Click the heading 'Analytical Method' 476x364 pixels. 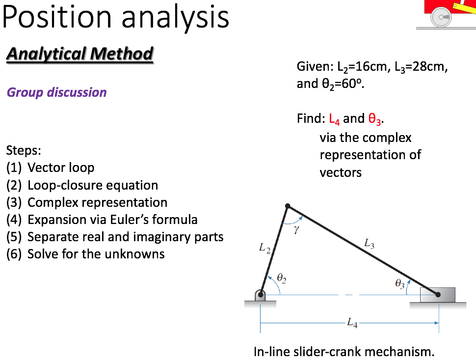(x=79, y=54)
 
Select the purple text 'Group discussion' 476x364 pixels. (x=56, y=92)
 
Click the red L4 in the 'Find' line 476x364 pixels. (x=334, y=119)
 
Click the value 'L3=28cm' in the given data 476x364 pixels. (x=417, y=67)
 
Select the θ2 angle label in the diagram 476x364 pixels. (x=281, y=278)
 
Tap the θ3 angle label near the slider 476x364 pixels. (x=400, y=283)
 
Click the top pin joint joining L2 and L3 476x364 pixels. (x=288, y=206)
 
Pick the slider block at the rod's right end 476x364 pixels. (x=438, y=295)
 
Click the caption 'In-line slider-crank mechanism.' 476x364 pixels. (x=344, y=352)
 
